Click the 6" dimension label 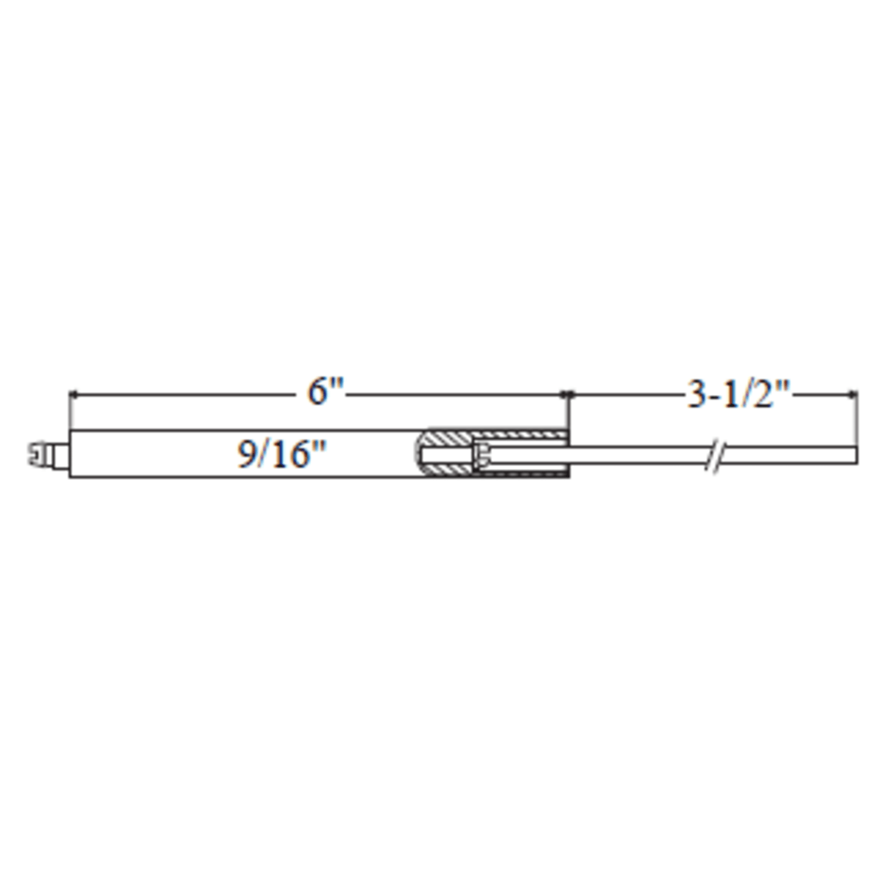(325, 392)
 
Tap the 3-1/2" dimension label (739, 396)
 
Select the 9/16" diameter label (281, 454)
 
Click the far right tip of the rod (855, 456)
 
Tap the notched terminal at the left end (38, 454)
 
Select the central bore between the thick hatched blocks (447, 454)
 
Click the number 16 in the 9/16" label (288, 454)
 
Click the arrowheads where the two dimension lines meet (567, 395)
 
